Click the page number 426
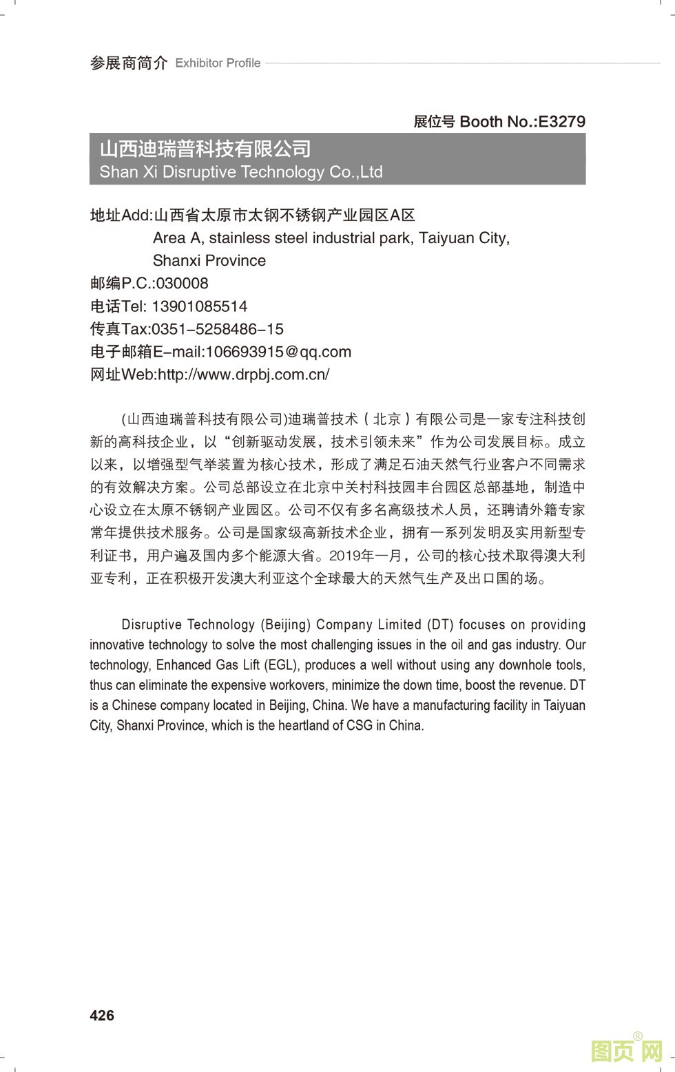[x=102, y=1016]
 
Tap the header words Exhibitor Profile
[x=218, y=63]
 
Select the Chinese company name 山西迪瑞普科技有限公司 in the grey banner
[x=205, y=149]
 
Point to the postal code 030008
[x=182, y=284]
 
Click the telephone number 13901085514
[x=199, y=306]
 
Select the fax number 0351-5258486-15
[x=217, y=329]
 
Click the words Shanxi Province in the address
[x=209, y=261]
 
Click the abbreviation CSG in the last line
[x=360, y=725]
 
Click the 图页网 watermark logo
[x=627, y=1050]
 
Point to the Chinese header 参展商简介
[x=129, y=63]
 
